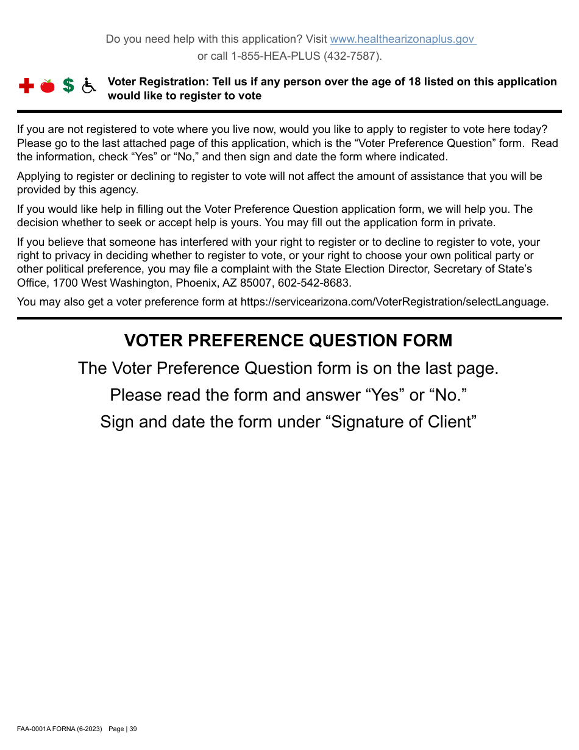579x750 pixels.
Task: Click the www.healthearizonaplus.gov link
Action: pos(402,39)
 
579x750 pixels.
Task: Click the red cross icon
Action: pos(26,86)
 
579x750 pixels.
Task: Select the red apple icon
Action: pos(48,86)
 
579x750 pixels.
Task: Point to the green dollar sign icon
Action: pos(68,86)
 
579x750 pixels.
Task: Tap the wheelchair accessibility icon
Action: pos(89,86)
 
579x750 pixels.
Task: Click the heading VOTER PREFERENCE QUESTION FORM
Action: pos(288,340)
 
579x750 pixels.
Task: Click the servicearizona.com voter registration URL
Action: pos(394,301)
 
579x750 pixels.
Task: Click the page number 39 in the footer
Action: pos(133,729)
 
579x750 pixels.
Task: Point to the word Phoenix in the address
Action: pos(194,283)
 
